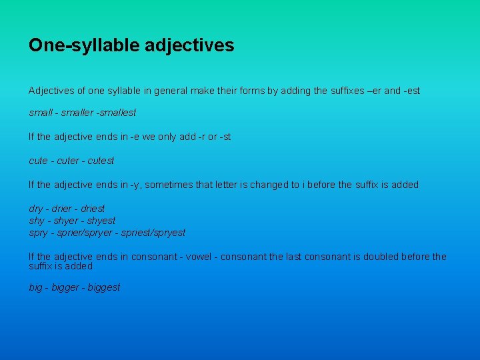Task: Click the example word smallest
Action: pyautogui.click(x=118, y=113)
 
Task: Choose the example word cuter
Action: pyautogui.click(x=68, y=161)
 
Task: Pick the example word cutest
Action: pyautogui.click(x=101, y=161)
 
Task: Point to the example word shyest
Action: pyautogui.click(x=101, y=221)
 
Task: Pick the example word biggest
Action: pyautogui.click(x=104, y=287)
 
